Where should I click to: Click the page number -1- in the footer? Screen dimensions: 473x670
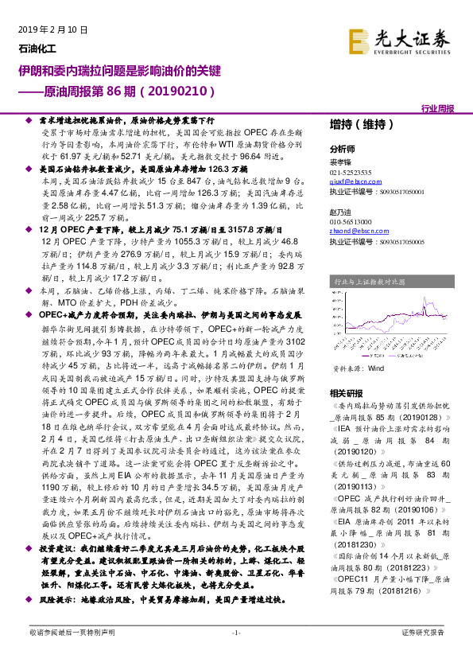[x=235, y=655]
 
